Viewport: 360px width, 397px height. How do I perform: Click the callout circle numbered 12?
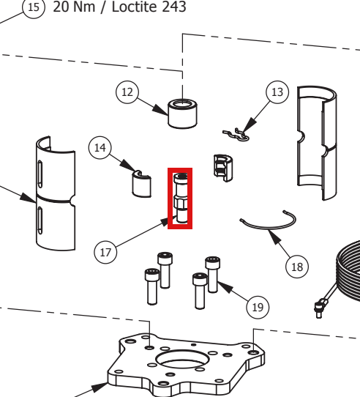coord(127,92)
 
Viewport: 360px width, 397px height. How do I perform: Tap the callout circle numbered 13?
coord(277,92)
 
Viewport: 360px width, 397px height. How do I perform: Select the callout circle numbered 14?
coord(100,148)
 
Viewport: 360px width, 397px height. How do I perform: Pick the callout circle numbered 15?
coord(34,7)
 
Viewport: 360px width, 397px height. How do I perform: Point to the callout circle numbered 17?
coord(105,252)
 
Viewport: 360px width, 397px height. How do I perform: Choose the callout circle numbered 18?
coord(297,267)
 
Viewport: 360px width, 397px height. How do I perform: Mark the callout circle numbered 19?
coord(258,308)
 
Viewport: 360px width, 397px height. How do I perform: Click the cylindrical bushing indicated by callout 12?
coord(183,114)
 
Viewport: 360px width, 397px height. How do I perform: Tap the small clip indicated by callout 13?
coord(236,136)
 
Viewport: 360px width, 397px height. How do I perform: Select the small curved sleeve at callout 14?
coord(142,184)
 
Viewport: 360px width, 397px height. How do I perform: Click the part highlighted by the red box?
coord(181,198)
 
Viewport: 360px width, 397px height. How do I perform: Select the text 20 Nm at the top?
coord(74,7)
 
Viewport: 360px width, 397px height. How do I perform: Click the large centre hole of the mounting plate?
coord(183,359)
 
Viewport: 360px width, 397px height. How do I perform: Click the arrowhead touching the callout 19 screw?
coord(225,286)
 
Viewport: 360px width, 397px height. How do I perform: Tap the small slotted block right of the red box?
coord(223,168)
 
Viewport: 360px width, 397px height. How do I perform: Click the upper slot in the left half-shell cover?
coord(40,174)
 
